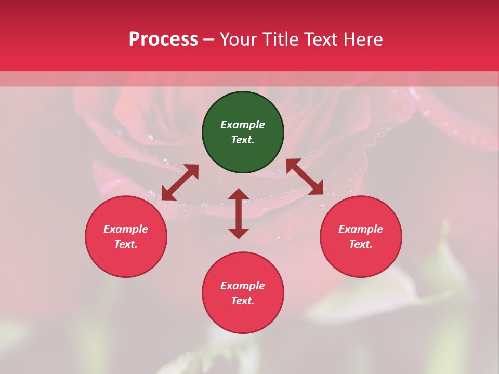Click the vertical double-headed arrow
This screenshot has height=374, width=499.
tap(239, 214)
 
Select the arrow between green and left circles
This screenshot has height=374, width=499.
tap(180, 182)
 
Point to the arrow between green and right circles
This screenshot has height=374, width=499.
tap(305, 177)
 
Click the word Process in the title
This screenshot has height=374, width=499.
tap(163, 39)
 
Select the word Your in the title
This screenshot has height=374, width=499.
tap(240, 39)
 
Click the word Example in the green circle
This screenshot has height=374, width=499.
tap(243, 125)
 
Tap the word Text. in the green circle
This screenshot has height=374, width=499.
tap(243, 140)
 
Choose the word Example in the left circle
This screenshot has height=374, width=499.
tap(126, 229)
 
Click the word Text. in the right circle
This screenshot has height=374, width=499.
tap(361, 244)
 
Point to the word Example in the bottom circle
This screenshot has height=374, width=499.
tap(243, 286)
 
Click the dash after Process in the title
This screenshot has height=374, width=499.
tap(208, 40)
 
